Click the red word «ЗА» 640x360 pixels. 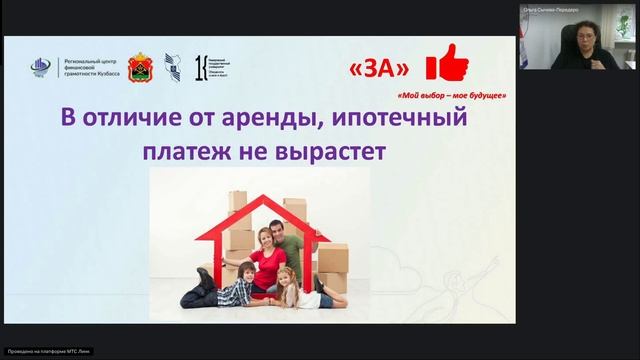381,69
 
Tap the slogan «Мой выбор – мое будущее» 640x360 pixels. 452,96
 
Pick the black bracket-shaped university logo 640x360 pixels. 202,67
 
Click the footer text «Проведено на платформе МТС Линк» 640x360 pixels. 40,353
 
